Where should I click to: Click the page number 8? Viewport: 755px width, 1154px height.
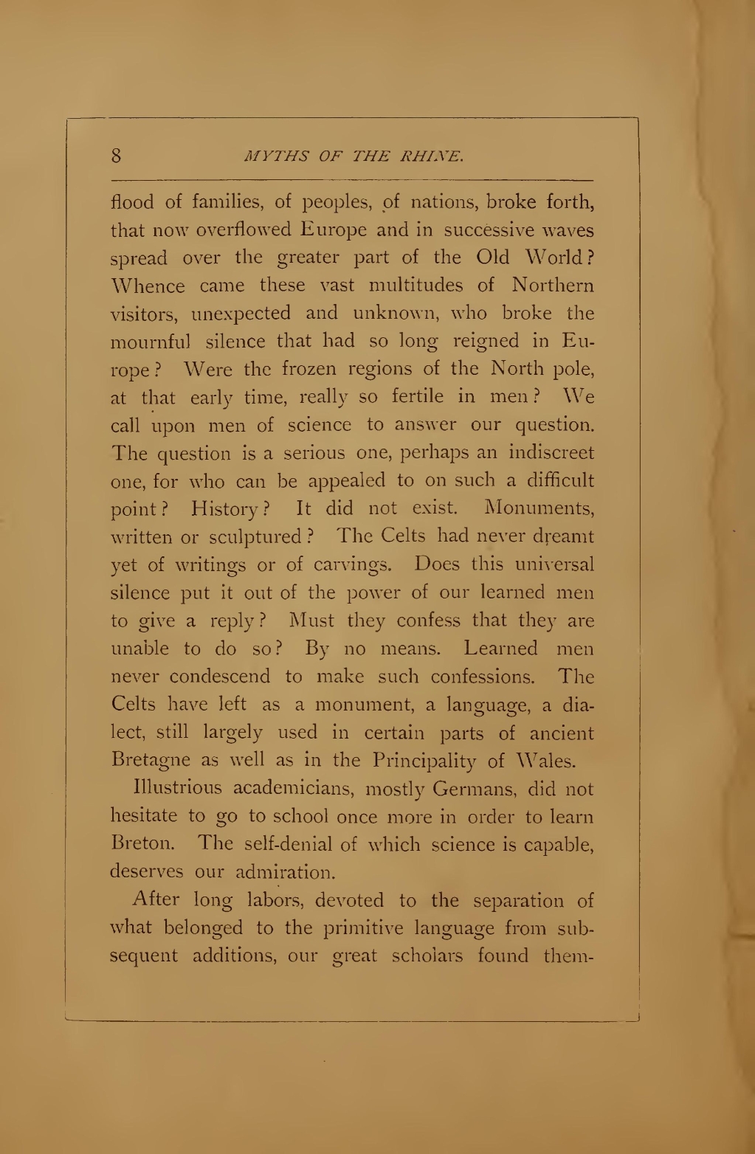click(x=117, y=156)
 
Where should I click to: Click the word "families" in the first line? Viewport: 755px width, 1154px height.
click(x=216, y=201)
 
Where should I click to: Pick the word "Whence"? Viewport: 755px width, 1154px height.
click(x=148, y=285)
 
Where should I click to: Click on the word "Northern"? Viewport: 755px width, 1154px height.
click(x=553, y=285)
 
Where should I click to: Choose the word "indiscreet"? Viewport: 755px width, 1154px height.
click(x=551, y=452)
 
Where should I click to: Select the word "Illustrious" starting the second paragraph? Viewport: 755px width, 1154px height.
click(x=176, y=789)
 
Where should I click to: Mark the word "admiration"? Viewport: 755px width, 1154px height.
click(x=285, y=872)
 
